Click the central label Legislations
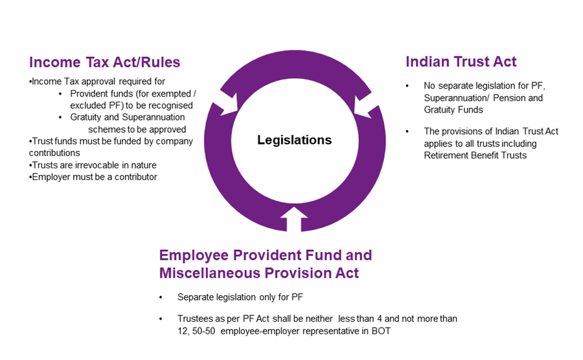[x=294, y=140]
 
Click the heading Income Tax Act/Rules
[x=104, y=62]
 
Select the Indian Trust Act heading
[x=461, y=62]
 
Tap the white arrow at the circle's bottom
[x=295, y=218]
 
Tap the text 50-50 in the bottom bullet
[x=196, y=331]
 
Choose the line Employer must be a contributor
[x=94, y=177]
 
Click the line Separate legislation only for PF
[x=240, y=297]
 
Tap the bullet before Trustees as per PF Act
[x=161, y=319]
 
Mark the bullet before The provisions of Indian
[x=407, y=131]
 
